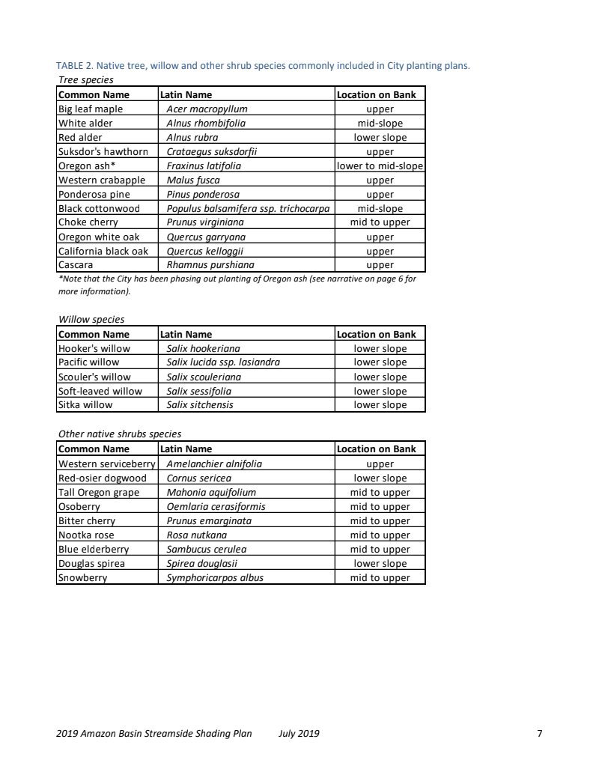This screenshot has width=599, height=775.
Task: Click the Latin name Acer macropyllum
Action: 207,109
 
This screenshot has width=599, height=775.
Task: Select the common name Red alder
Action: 80,137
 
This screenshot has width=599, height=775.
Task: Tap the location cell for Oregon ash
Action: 380,165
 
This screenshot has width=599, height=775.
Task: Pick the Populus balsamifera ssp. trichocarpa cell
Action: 248,208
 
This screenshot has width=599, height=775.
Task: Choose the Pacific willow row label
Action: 88,362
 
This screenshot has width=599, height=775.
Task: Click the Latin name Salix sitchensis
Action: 200,405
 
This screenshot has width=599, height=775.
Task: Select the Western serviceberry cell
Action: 106,464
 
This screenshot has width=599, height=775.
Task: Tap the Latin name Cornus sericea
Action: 198,478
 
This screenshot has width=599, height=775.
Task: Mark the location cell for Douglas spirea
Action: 380,563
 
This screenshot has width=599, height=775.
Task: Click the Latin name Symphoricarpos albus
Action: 215,577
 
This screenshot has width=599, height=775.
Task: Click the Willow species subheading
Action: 91,320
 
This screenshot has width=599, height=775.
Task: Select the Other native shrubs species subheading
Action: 120,434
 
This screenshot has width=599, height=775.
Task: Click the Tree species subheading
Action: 86,79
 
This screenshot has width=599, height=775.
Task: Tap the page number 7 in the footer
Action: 540,733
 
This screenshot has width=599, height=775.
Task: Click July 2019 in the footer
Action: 299,733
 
